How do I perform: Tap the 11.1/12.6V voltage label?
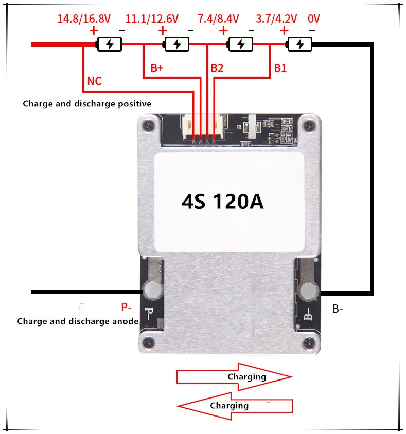tap(152, 19)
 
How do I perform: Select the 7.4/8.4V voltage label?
tap(218, 19)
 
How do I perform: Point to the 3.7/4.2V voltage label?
tap(276, 19)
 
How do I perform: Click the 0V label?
tap(313, 19)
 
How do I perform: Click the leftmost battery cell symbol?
tap(109, 44)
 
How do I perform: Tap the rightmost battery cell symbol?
tap(300, 44)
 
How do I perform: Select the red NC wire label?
tap(95, 81)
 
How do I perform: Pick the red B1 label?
tap(280, 68)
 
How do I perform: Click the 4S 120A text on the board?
tap(222, 201)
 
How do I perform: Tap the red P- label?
tap(127, 308)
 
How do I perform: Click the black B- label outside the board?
tap(338, 309)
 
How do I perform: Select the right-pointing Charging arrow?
tap(234, 377)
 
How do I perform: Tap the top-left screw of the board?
tap(149, 125)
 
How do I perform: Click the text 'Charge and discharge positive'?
tap(87, 104)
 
